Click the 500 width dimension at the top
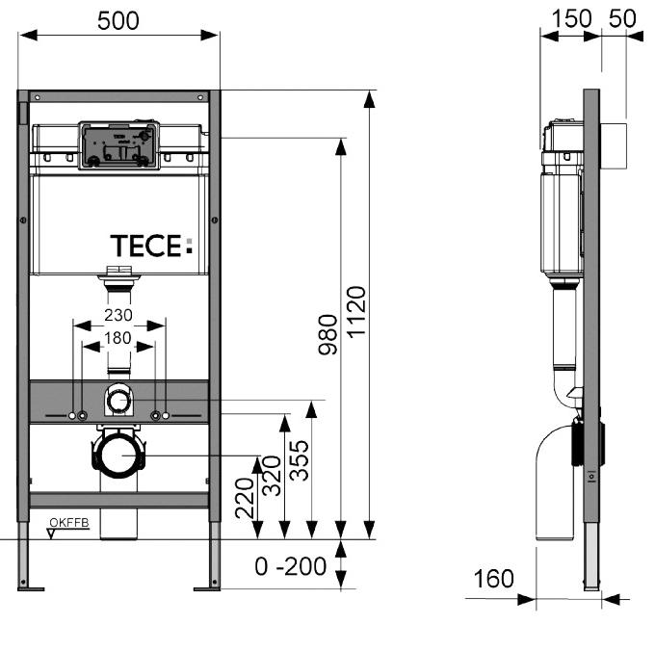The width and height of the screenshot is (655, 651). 118,21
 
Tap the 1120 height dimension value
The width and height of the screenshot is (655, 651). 356,311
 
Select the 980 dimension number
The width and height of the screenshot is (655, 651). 327,334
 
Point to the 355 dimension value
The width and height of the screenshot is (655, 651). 300,460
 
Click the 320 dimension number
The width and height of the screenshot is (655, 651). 272,476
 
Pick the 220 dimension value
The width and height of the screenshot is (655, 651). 245,498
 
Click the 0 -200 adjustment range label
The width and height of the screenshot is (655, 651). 291,566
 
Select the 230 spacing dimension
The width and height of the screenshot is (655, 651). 118,315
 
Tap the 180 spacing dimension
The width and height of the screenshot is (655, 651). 118,338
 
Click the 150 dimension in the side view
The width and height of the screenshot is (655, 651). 571,19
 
